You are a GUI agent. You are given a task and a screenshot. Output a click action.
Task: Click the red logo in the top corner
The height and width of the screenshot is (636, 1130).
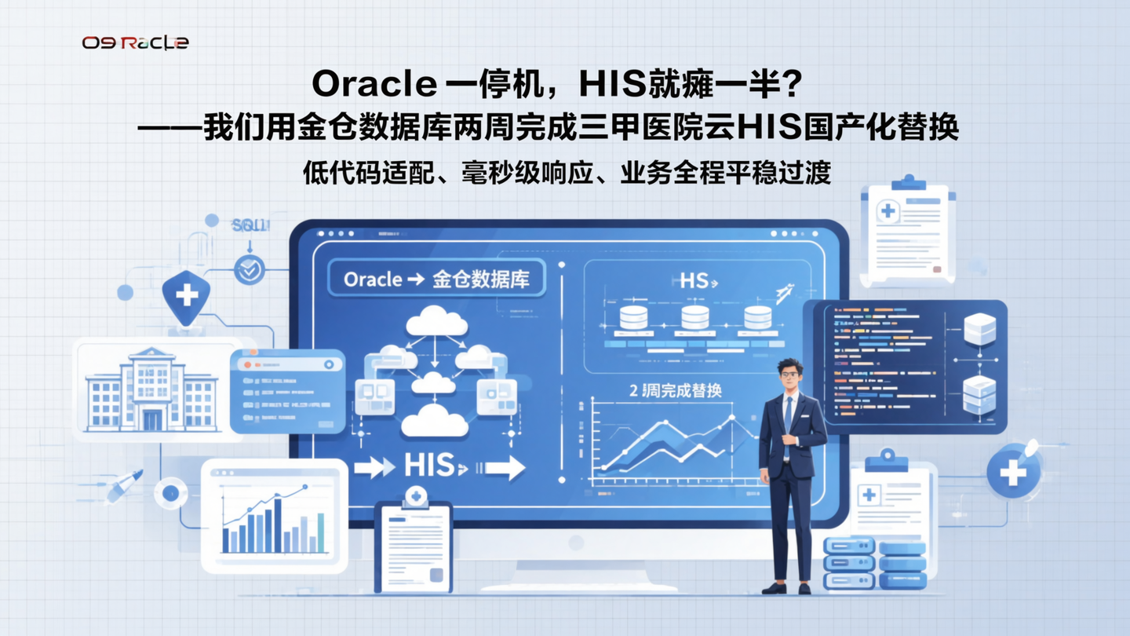(x=135, y=42)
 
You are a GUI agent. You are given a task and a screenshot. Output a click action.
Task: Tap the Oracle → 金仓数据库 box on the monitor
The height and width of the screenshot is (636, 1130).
(x=436, y=280)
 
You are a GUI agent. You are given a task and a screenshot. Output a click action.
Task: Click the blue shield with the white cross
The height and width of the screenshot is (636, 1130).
(x=186, y=297)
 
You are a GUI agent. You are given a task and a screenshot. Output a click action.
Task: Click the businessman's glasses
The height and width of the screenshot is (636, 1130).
(x=789, y=375)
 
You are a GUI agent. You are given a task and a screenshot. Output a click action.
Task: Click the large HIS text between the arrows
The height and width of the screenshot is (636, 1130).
(x=429, y=466)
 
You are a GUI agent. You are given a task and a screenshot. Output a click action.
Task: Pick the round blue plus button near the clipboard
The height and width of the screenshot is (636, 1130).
(x=1012, y=471)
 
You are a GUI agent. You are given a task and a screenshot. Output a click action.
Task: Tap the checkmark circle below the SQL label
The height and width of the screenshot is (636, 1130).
(x=250, y=270)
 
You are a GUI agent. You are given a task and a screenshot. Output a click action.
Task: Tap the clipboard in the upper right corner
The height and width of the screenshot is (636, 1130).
(x=907, y=232)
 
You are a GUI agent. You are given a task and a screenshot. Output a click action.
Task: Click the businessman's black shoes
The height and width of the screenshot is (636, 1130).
(x=788, y=587)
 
